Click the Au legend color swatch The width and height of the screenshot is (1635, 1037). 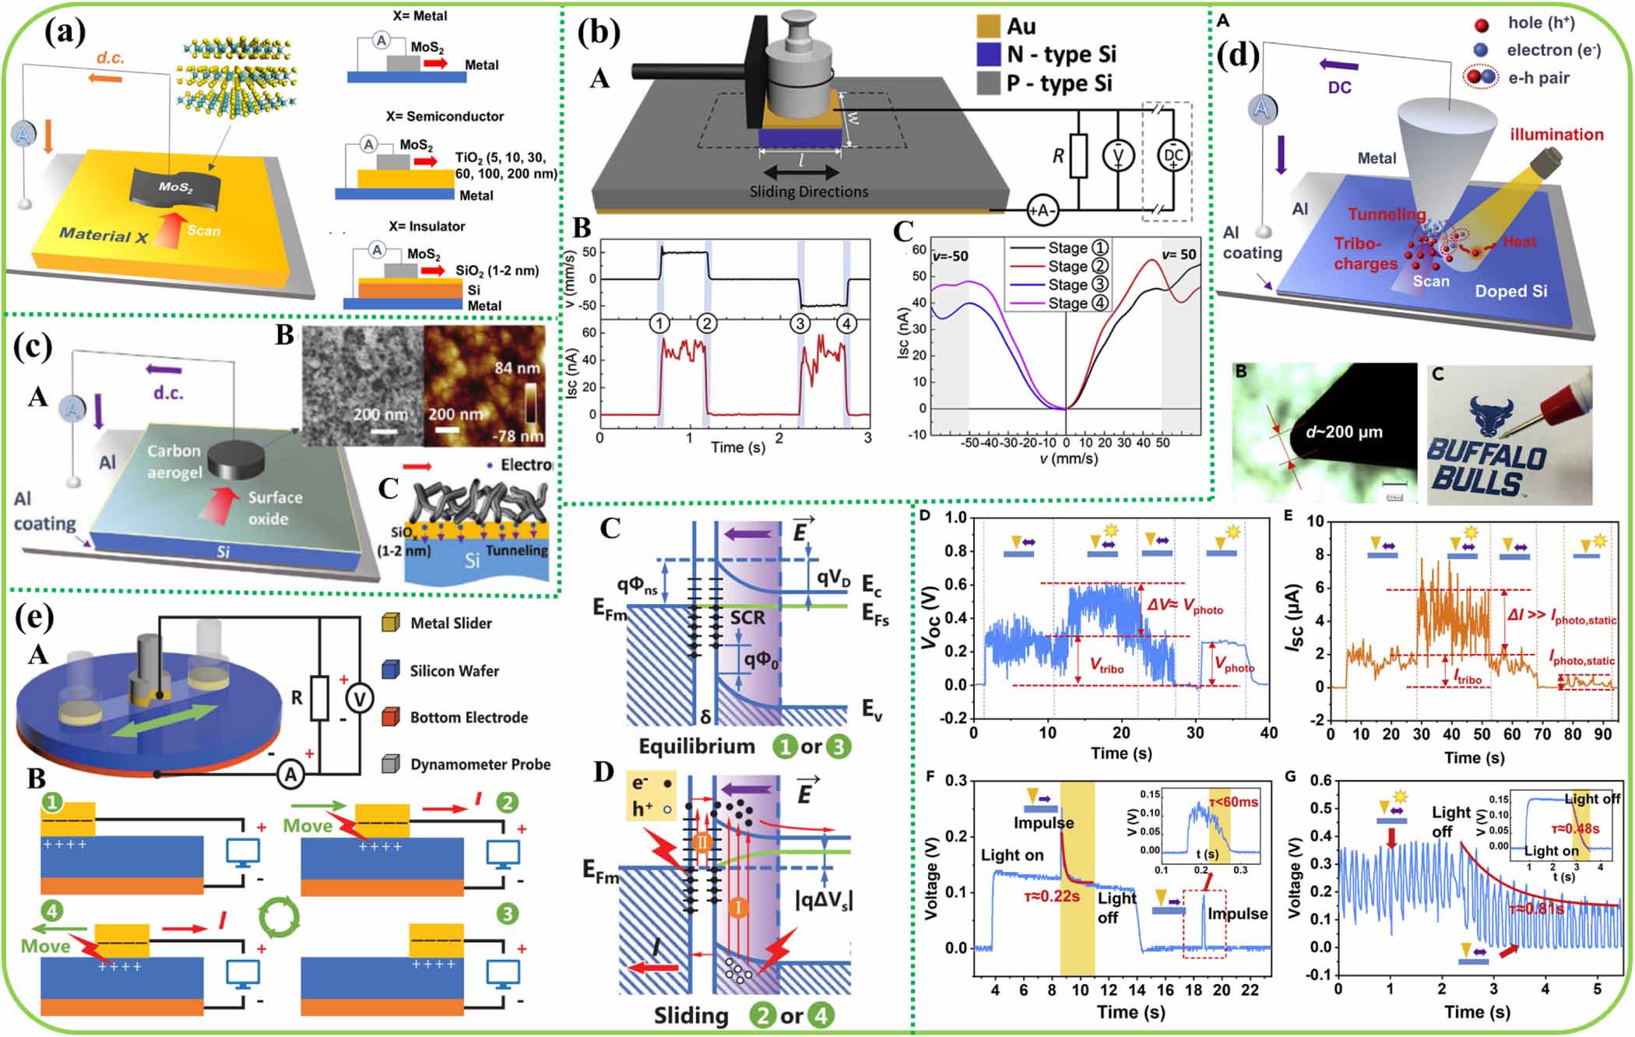[x=988, y=26]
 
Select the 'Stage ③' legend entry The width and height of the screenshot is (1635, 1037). [x=1057, y=285]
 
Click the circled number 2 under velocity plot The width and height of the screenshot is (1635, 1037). [x=706, y=323]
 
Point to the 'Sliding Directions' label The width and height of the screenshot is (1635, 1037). [x=808, y=192]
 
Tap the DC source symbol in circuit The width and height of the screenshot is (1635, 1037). [x=1173, y=156]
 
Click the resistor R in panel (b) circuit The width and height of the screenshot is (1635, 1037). [x=1078, y=156]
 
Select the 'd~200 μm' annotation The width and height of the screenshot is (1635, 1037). [x=1343, y=432]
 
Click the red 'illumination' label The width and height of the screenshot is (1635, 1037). [x=1556, y=135]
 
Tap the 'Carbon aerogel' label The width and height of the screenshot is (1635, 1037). [x=174, y=462]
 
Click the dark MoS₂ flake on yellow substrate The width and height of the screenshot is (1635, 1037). [x=175, y=187]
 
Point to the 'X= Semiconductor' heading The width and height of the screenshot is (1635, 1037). [x=445, y=117]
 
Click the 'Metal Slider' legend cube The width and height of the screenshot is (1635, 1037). [x=390, y=623]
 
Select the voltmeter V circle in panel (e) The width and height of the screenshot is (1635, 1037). [x=360, y=699]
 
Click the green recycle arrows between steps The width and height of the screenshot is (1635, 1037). [x=278, y=917]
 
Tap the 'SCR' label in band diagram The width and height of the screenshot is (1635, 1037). [x=747, y=618]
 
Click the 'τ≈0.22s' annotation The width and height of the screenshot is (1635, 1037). [x=1051, y=897]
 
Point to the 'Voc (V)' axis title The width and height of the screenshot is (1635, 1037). [x=930, y=616]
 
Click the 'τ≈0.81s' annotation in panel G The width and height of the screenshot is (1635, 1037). [x=1535, y=909]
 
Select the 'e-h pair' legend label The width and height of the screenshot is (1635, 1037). [x=1538, y=78]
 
